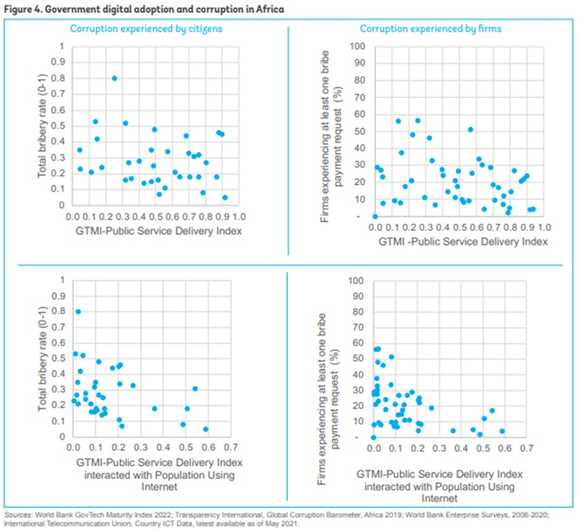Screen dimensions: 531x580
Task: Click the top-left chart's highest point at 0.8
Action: pos(114,78)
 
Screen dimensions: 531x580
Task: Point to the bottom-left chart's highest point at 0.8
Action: pos(78,311)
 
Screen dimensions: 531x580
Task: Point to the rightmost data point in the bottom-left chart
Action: pos(206,429)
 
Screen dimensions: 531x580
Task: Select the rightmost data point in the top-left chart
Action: pos(225,198)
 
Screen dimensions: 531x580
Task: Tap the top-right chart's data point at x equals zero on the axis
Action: pos(375,217)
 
